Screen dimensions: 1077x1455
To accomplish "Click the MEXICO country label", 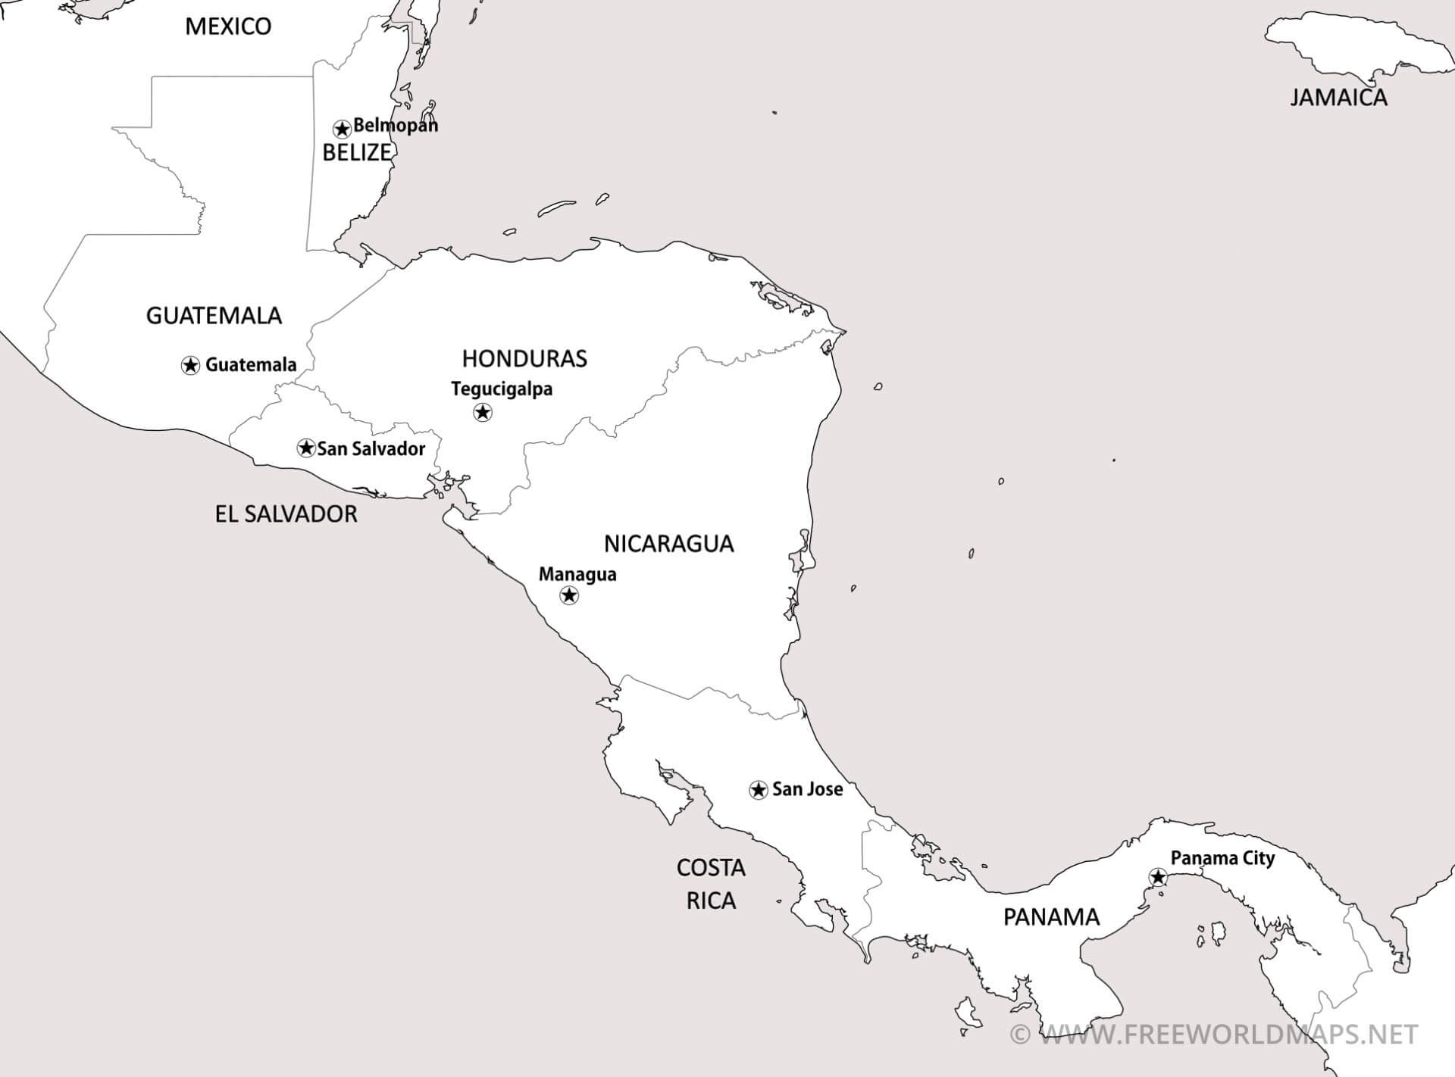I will [228, 27].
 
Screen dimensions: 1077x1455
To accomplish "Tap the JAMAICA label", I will [1338, 98].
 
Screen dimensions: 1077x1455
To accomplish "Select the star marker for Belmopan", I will [342, 128].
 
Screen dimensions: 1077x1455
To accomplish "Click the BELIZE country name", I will [356, 152].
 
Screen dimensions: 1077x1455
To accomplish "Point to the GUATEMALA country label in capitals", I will [214, 315].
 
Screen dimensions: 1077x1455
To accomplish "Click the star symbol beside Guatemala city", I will [191, 365].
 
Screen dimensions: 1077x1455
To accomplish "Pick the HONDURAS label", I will [524, 358].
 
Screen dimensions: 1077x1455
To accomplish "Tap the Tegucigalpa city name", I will [502, 389].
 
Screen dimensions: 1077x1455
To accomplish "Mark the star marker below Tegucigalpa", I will [483, 412].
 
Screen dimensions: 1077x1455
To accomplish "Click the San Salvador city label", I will [371, 448].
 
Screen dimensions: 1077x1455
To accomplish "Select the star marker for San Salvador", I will [306, 448].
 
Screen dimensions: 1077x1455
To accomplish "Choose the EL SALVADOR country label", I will [286, 514].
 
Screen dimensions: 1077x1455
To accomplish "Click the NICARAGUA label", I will [668, 543].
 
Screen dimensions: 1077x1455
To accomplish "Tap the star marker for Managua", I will [568, 595].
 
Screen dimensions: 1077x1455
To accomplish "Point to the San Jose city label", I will [807, 789].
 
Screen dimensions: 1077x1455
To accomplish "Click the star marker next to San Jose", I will [758, 790].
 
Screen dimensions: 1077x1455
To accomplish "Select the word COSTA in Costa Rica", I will [711, 868].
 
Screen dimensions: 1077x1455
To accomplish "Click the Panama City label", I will [1222, 858].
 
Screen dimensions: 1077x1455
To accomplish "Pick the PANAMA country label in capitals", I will [1051, 917].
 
